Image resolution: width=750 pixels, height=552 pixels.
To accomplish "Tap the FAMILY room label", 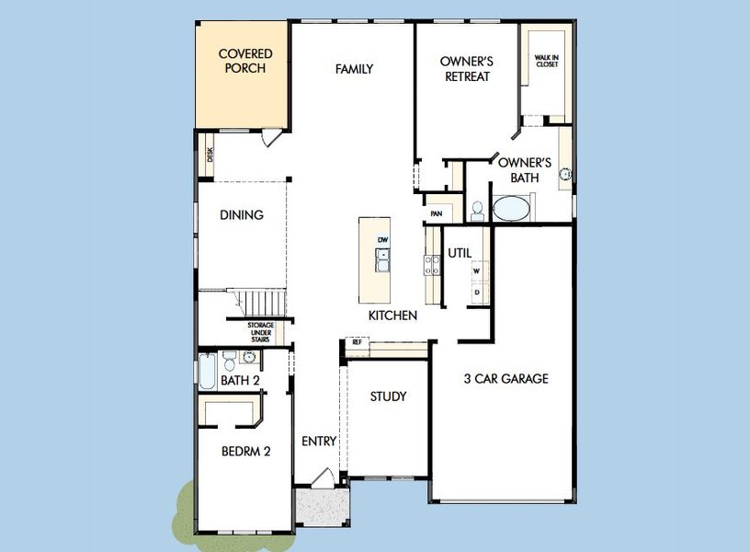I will pos(354,69).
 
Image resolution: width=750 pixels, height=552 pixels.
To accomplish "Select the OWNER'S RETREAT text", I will pos(467,69).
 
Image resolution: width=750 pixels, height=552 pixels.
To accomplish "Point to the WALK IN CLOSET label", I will pos(547,61).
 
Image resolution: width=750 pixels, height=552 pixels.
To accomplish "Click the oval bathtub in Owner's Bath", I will pos(512,207).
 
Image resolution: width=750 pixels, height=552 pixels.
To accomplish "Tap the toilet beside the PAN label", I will pos(477,211).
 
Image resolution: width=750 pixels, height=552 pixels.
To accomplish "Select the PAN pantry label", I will pos(437,213).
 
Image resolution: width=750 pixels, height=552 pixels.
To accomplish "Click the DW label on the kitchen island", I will pos(383,240).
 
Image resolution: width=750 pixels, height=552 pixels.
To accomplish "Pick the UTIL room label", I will pos(460,252).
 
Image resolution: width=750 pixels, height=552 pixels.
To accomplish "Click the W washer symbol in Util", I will pos(477,271).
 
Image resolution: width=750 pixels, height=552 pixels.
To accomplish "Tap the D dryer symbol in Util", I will pos(477,292).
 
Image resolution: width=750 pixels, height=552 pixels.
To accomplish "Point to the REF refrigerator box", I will pos(357,343).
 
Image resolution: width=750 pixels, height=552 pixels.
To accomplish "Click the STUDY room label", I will pos(388,397).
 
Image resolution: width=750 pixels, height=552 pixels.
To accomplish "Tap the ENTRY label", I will pos(319,442).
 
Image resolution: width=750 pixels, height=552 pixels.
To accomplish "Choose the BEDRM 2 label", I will pos(245,451).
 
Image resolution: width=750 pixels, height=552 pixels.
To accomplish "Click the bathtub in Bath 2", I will pos(207,373).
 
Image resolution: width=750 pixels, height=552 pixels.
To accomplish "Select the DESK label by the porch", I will pos(210,155).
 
